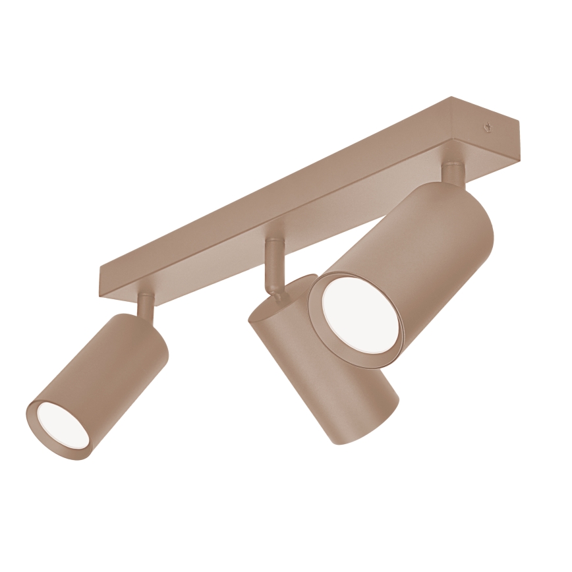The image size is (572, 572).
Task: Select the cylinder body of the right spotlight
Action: [x=428, y=264]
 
